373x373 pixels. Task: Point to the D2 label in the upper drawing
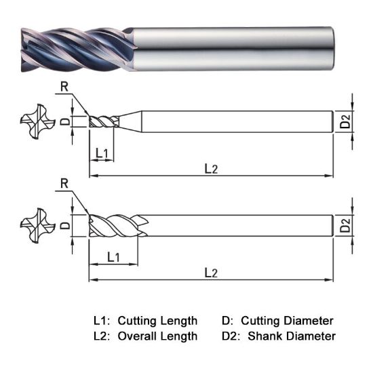[345, 121]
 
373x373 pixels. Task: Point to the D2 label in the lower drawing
[345, 225]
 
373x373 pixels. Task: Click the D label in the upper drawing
[64, 121]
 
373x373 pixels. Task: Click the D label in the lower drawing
[64, 225]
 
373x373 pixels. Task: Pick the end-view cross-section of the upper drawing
[34, 121]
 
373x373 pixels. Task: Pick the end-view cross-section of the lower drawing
[34, 225]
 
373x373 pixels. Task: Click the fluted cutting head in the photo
[75, 48]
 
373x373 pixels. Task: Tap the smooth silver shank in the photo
[231, 48]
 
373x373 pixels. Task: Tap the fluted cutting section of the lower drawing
[115, 225]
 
